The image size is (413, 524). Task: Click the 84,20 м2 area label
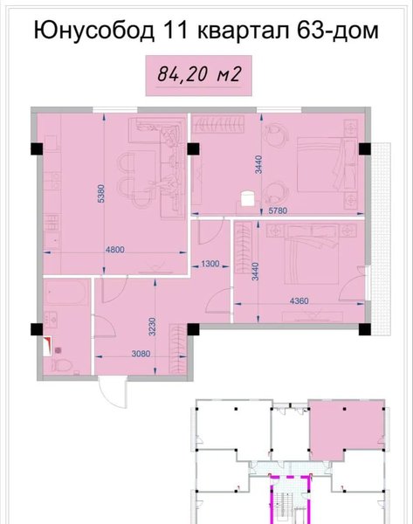[199, 74]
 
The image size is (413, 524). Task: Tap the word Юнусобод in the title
[94, 31]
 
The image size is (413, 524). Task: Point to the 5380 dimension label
[101, 194]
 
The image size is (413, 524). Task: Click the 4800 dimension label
[114, 249]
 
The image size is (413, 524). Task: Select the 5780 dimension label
[278, 210]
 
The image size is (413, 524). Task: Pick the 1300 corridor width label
[210, 264]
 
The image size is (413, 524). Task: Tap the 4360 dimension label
[299, 300]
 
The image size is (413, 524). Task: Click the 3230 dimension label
[153, 327]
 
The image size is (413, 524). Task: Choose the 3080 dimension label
[141, 354]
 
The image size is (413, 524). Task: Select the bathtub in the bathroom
[66, 293]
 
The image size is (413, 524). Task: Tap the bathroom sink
[52, 319]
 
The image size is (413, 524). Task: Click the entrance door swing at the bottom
[114, 391]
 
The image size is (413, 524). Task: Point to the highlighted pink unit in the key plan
[346, 427]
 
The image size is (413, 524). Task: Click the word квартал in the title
[244, 31]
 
